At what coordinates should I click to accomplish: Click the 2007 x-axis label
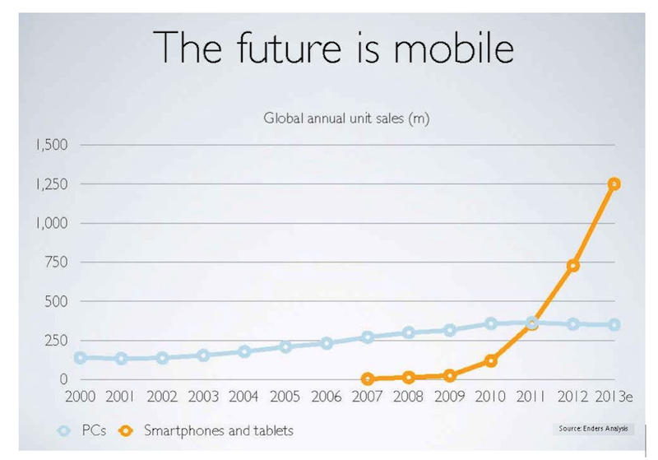(368, 397)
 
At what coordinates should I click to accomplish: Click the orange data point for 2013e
(614, 184)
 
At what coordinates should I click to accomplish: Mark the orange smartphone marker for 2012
(572, 265)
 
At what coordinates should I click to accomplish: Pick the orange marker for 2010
(491, 360)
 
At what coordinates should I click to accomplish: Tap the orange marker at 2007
(368, 379)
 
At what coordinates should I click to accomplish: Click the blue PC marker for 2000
(81, 358)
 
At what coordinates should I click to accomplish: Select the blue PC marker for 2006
(327, 343)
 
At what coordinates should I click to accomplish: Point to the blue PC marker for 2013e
(614, 325)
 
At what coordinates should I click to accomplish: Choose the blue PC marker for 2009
(450, 330)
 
